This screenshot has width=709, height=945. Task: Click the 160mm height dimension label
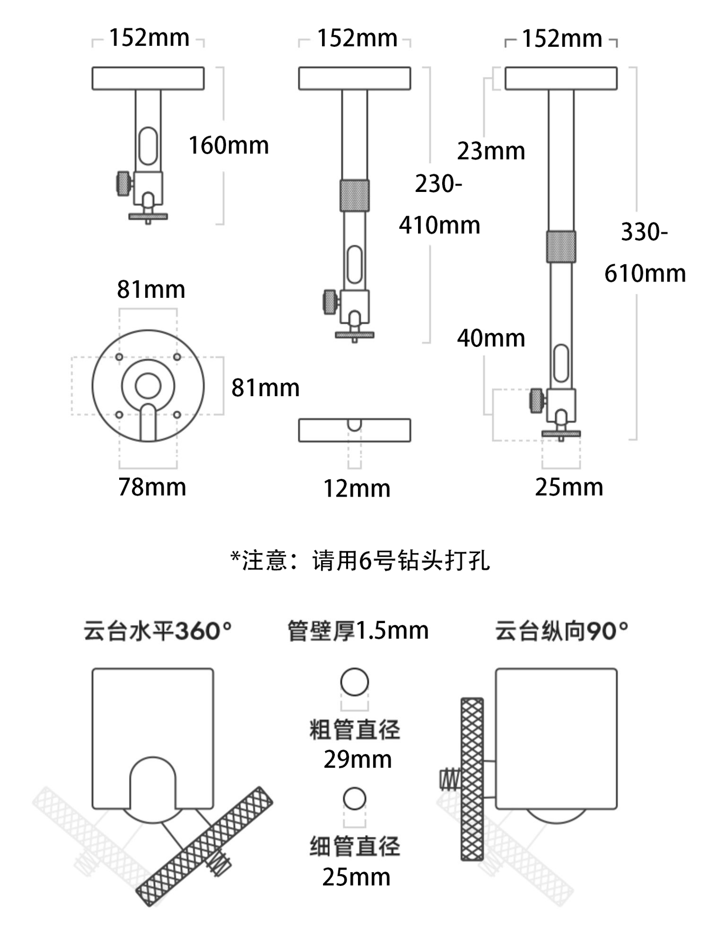point(228,146)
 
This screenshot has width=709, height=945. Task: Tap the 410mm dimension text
point(439,225)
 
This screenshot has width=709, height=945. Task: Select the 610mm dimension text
point(645,274)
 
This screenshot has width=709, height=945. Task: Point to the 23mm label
point(491,151)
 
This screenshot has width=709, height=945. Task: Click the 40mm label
point(491,338)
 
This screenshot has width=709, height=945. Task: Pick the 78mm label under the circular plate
point(152,487)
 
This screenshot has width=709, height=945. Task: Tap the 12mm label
point(356,489)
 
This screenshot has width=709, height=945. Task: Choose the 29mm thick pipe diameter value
point(357,759)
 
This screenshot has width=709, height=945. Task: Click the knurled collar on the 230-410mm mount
point(354,195)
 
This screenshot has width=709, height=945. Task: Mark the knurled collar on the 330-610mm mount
point(561,246)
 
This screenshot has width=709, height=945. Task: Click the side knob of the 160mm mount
point(124,183)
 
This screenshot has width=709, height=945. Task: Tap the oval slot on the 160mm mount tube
point(148,146)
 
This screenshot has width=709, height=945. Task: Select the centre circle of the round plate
point(148,385)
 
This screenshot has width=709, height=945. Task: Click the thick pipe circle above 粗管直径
point(354,682)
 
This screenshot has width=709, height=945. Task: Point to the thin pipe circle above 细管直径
point(354,799)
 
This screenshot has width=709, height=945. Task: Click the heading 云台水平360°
point(158,631)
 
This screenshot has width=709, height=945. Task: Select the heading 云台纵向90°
point(561,631)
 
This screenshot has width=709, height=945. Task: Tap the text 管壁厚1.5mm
point(358,631)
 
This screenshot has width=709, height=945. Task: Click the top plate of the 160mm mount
point(148,79)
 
